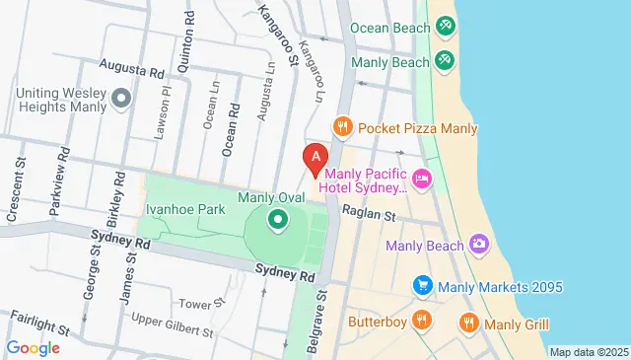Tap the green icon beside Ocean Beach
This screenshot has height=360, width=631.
(445, 24)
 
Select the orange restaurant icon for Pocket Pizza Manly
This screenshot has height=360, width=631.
(342, 127)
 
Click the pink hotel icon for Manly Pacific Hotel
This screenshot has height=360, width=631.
(422, 178)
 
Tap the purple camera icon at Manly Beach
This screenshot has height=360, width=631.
(479, 244)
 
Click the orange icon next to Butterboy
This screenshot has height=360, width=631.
(422, 320)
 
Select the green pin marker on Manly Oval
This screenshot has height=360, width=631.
(278, 219)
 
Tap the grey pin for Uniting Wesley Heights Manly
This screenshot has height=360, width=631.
(121, 98)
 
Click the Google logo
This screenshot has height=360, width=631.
(33, 346)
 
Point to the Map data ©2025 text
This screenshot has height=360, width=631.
(588, 352)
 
